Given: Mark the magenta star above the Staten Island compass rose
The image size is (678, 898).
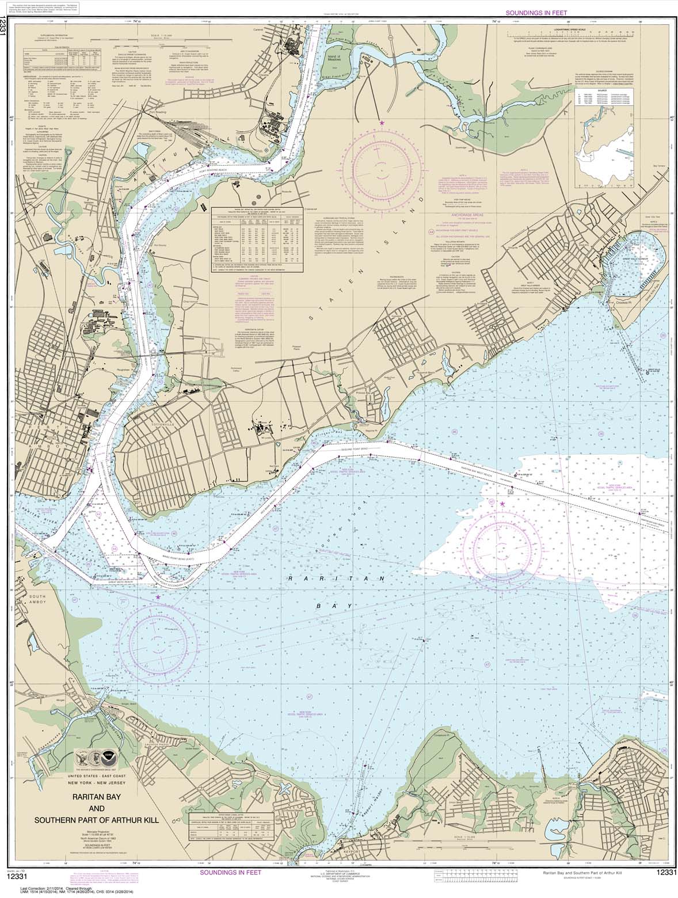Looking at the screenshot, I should pos(382,123).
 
